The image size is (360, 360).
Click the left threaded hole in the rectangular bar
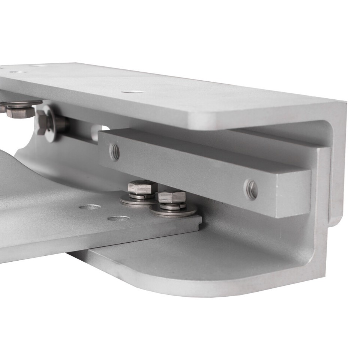114,152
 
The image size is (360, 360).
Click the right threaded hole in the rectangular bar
251,189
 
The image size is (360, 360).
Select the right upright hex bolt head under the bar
172,197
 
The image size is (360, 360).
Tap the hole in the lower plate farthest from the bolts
90,207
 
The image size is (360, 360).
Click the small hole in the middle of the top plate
133,91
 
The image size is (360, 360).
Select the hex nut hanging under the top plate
19,111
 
